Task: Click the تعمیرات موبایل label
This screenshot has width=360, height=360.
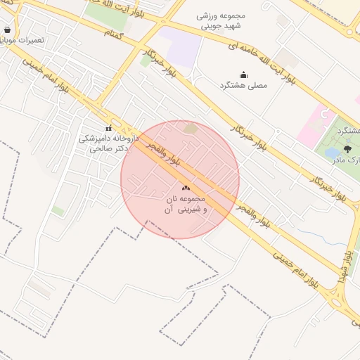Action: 24,40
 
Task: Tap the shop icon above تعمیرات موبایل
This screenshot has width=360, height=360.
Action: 7,30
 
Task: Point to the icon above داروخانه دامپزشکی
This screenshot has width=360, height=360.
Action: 108,128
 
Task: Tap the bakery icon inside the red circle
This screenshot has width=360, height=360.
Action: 186,188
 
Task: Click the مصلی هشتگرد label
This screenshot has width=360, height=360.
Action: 243,85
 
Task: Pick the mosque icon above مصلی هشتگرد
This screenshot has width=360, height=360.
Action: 243,75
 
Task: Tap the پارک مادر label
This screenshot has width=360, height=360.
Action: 347,160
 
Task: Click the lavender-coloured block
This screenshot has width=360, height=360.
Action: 182,46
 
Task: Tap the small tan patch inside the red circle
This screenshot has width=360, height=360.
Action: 190,128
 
